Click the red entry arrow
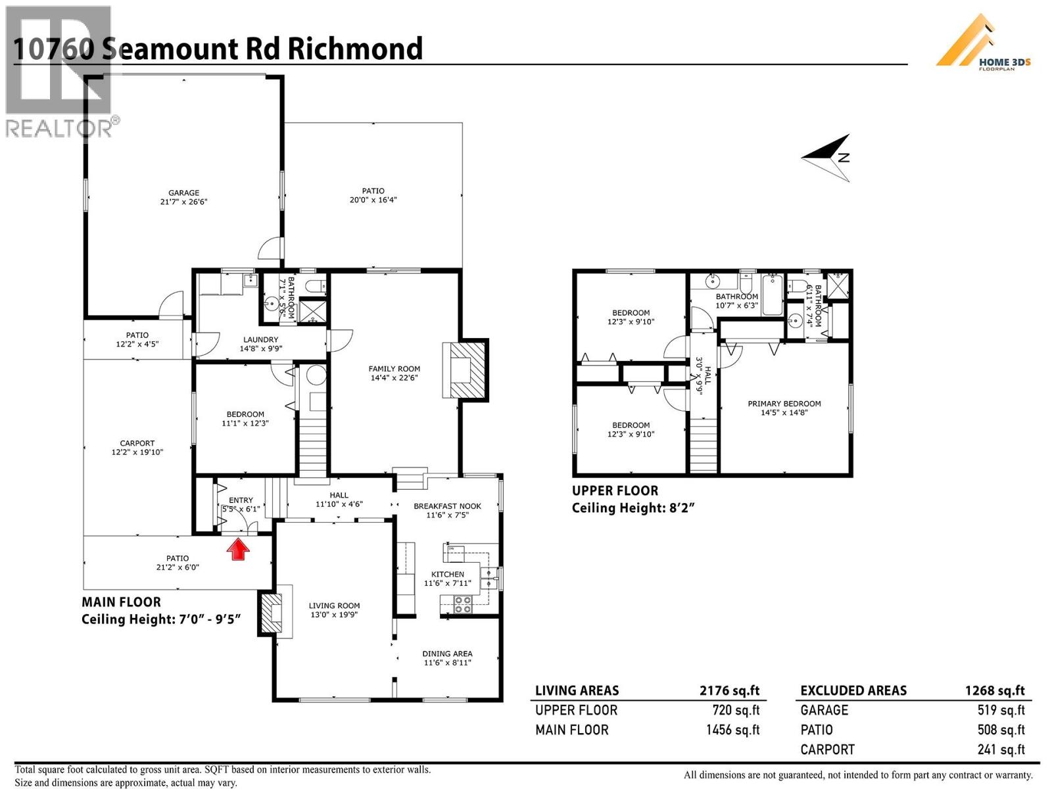[239, 549]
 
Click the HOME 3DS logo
[983, 43]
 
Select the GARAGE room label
[183, 193]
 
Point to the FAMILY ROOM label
[394, 369]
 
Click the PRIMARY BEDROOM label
[784, 404]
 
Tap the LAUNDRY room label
[260, 340]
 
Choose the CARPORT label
[137, 443]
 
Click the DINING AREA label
[447, 654]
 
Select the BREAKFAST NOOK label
[447, 506]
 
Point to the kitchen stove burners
[463, 604]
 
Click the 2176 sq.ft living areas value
[729, 690]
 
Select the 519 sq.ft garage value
[1001, 710]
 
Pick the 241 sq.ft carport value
[1001, 750]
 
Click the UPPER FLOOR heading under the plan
[615, 490]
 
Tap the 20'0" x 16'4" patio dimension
[373, 200]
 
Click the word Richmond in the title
[355, 49]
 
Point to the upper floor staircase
[703, 447]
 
